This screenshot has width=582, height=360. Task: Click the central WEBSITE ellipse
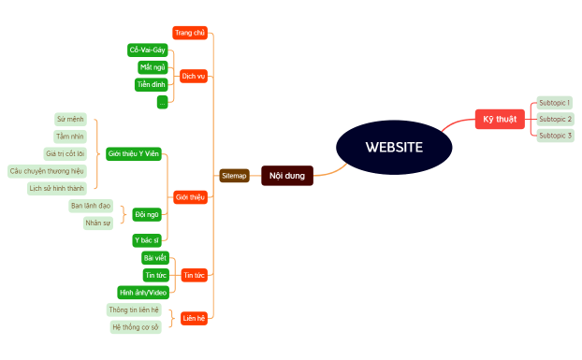tap(394, 147)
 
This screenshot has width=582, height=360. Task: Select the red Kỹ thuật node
tap(499, 119)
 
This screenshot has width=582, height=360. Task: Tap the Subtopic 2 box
tap(555, 119)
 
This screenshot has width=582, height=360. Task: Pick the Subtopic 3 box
tap(555, 136)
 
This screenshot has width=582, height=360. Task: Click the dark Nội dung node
tap(286, 175)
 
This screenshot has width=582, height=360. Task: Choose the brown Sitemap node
tap(234, 175)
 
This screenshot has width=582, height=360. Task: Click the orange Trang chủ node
tap(190, 33)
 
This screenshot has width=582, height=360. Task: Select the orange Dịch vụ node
tap(194, 76)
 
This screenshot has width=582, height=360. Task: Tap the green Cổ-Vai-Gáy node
tap(148, 50)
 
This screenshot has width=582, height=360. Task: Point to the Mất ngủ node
tap(152, 67)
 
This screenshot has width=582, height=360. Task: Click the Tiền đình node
tap(151, 85)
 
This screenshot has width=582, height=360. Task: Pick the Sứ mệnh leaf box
tap(70, 119)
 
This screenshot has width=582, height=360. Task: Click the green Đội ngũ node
tap(147, 214)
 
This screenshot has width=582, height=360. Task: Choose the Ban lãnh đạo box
tap(91, 205)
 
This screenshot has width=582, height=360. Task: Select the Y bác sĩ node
tap(147, 240)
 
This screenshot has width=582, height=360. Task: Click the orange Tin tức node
tap(194, 275)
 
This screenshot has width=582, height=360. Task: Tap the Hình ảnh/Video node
tap(143, 292)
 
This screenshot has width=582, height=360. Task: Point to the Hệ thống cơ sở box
tap(136, 326)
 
